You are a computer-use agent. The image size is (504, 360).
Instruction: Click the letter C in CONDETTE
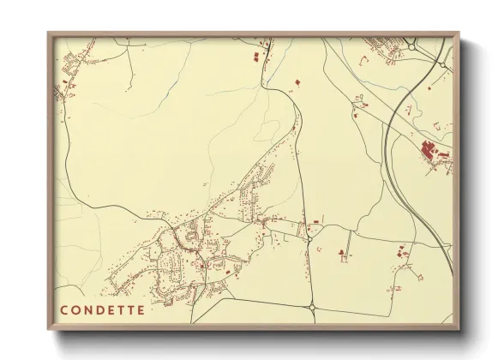tap(63, 310)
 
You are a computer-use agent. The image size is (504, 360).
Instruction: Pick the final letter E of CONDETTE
tap(141, 310)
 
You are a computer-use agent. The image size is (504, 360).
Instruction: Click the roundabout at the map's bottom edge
tap(313, 307)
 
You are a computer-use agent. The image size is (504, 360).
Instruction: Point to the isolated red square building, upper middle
tap(298, 81)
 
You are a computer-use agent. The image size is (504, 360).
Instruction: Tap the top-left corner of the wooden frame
tap(48, 33)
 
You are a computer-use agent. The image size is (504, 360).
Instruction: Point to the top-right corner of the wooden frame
tap(459, 33)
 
